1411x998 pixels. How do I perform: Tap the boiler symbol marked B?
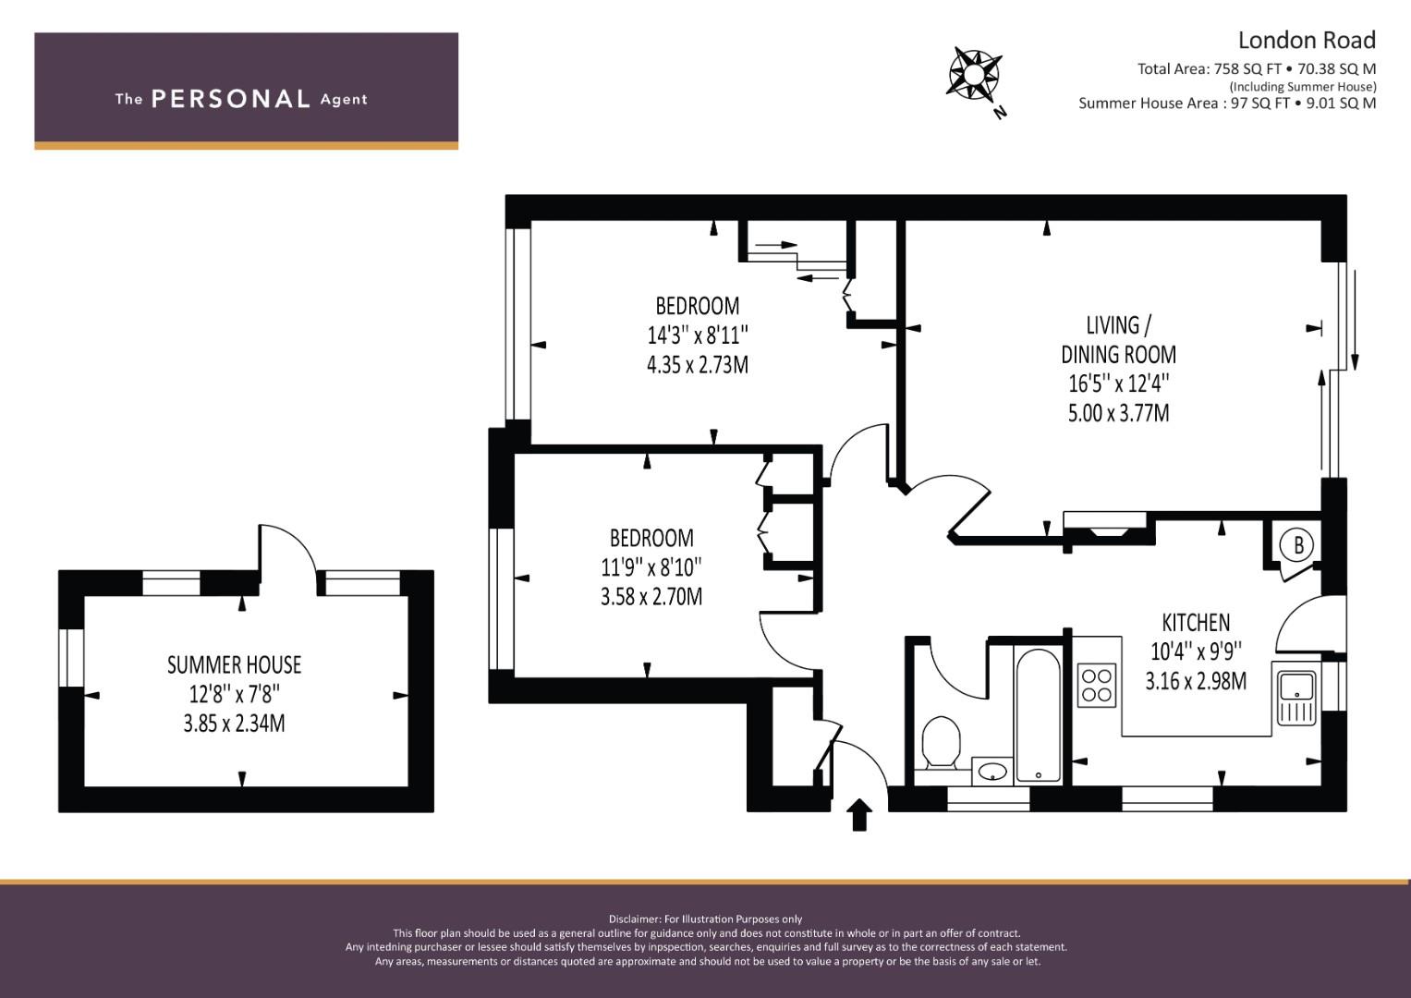(x=1298, y=545)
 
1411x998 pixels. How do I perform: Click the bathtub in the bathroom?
(x=1038, y=715)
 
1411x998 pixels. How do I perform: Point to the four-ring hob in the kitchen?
(x=1097, y=686)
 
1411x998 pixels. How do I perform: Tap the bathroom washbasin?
(x=992, y=772)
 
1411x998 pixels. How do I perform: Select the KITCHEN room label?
(x=1196, y=623)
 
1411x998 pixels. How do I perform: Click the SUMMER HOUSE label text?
(x=235, y=664)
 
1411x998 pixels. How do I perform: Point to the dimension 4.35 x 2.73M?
(x=698, y=365)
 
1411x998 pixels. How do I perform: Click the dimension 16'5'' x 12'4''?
(x=1118, y=383)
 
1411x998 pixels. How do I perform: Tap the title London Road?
(x=1307, y=41)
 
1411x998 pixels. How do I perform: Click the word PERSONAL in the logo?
(x=231, y=99)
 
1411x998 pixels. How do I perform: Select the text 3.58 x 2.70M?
(x=651, y=596)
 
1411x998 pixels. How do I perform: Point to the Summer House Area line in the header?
(x=1227, y=103)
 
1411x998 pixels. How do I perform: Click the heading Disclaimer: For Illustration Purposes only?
(x=705, y=919)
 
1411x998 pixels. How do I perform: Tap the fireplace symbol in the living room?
(x=1104, y=524)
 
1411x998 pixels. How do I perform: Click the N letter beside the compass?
(x=1000, y=113)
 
